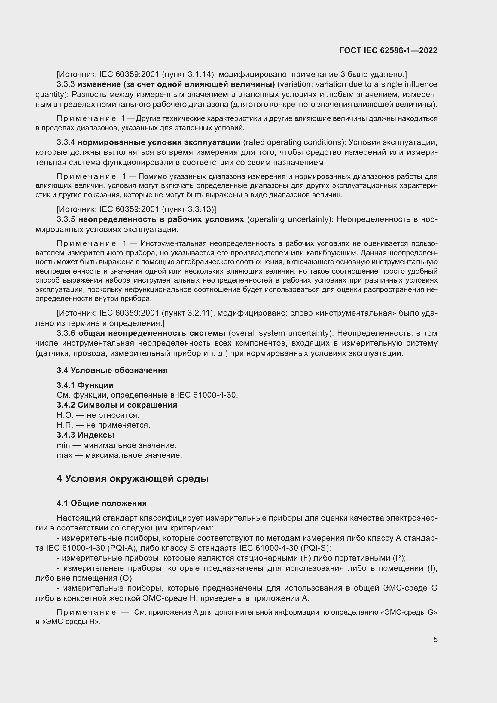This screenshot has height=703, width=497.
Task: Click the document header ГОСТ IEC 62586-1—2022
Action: pyautogui.click(x=388, y=51)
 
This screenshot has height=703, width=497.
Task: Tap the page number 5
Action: pyautogui.click(x=435, y=639)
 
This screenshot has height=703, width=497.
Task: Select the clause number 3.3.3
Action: pyautogui.click(x=66, y=84)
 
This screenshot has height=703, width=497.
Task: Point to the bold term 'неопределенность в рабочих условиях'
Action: pyautogui.click(x=161, y=219)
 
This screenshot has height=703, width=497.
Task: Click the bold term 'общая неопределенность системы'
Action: pyautogui.click(x=152, y=333)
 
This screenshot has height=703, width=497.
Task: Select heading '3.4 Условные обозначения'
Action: pyautogui.click(x=112, y=371)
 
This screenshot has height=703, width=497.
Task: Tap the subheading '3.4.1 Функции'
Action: pyautogui.click(x=85, y=385)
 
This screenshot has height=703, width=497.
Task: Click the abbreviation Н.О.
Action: pyautogui.click(x=65, y=415)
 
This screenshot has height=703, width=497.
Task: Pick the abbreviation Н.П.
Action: pyautogui.click(x=65, y=425)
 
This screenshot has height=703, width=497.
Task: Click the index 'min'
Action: pyautogui.click(x=63, y=445)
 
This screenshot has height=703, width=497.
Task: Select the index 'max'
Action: pyautogui.click(x=64, y=455)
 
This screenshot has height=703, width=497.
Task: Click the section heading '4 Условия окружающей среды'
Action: pyautogui.click(x=133, y=478)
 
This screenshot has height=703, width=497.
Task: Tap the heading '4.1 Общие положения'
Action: pyautogui.click(x=102, y=503)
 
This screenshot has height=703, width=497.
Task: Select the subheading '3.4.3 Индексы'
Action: pyautogui.click(x=85, y=435)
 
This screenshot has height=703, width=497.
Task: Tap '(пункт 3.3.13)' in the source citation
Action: pyautogui.click(x=189, y=209)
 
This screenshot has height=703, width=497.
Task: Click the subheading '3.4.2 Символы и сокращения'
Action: pyautogui.click(x=117, y=405)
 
